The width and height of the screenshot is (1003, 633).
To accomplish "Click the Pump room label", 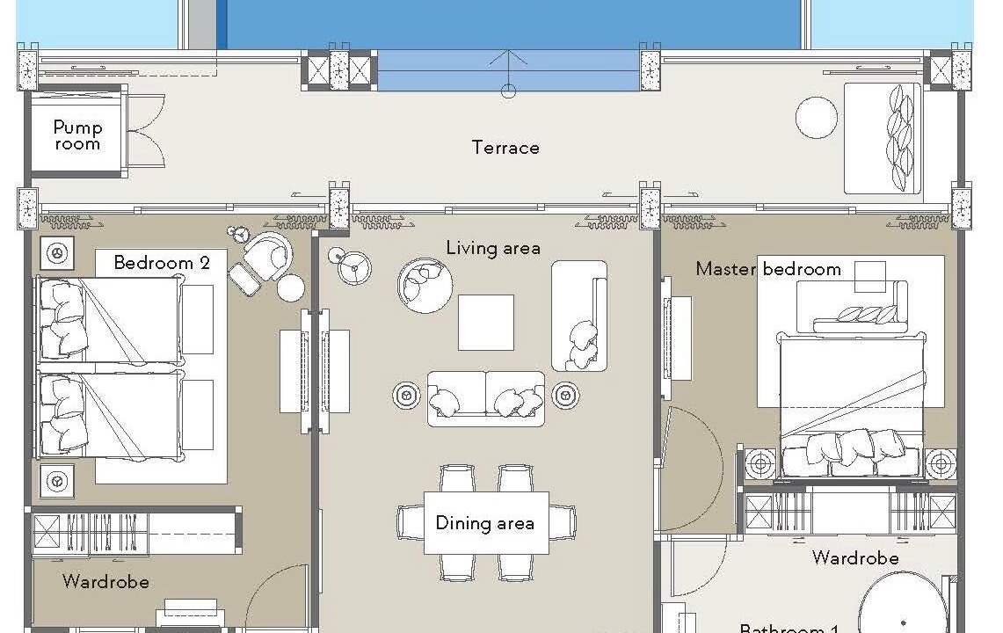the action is coord(77,135).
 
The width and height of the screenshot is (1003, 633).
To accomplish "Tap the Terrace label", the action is coord(505,148).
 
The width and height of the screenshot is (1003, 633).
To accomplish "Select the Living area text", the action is coord(493,248).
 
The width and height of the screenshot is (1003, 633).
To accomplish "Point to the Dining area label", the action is coord(485,523).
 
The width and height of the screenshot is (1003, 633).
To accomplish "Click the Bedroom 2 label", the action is coord(162,262).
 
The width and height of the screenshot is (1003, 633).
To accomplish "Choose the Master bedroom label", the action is coord(768,269).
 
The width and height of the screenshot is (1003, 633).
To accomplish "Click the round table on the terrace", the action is coord(817,117).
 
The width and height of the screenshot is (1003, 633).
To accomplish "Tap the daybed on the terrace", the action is coord(883,138).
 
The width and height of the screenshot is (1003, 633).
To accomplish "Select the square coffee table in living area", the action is coord(485,323).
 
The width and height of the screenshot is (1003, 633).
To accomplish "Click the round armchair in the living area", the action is coord(425,286).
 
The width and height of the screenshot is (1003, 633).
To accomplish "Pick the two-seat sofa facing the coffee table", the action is coord(486,398).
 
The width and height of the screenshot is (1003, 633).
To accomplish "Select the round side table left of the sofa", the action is coord(406,395).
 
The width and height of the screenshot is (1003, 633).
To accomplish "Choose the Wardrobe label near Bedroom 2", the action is coord(106,582).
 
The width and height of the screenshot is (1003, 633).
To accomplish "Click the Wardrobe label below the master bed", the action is coord(855,558).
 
